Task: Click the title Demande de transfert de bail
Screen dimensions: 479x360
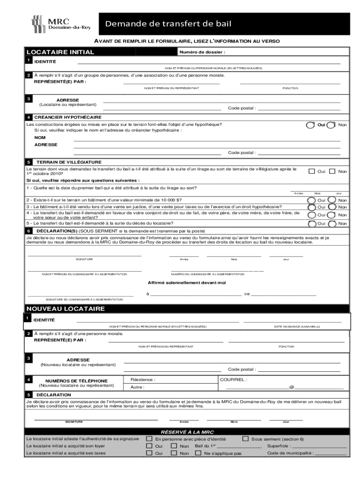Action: (x=168, y=24)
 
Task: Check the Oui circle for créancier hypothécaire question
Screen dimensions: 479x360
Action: (x=310, y=125)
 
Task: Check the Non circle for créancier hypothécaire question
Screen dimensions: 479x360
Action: (x=331, y=125)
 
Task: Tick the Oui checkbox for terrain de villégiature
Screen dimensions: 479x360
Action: (x=311, y=171)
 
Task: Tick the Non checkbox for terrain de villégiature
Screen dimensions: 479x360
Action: (x=332, y=171)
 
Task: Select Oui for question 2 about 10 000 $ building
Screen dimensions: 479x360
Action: (x=310, y=200)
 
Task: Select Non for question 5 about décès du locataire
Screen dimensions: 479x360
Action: (x=331, y=224)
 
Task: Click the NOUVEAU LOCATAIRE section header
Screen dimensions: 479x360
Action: (x=65, y=309)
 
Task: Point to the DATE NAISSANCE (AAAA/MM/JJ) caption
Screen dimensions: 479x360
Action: (x=297, y=326)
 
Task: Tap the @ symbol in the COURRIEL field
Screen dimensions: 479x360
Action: (x=291, y=387)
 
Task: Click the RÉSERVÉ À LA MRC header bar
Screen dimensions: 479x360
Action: (x=187, y=432)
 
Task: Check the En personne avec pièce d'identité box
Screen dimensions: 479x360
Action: (x=149, y=439)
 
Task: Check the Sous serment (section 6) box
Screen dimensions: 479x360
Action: (x=245, y=439)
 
